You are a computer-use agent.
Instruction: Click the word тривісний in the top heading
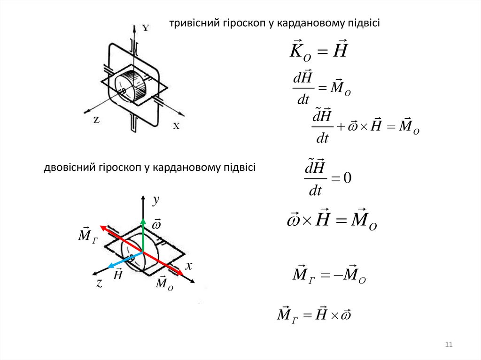click(191, 23)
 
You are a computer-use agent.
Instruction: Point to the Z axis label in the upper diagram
click(96, 120)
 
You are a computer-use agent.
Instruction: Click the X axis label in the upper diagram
click(176, 126)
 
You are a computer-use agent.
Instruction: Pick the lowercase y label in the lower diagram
click(156, 200)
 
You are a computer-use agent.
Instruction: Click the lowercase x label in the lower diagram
click(189, 266)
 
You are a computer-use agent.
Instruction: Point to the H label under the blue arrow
click(118, 274)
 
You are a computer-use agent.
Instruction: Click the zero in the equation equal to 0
click(348, 178)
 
